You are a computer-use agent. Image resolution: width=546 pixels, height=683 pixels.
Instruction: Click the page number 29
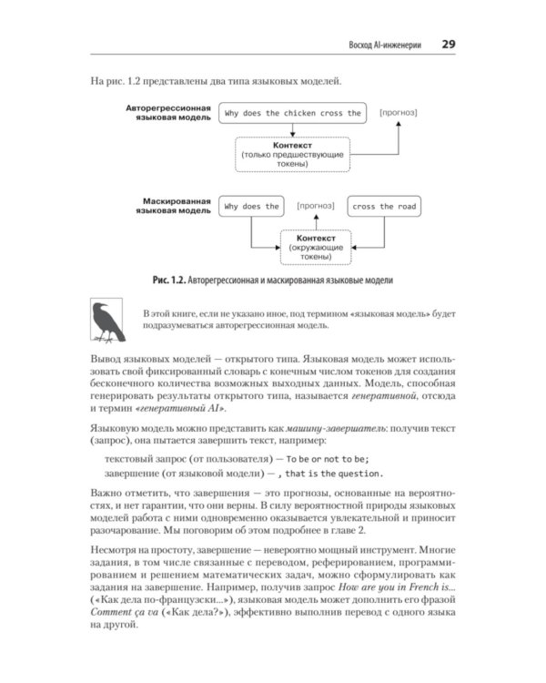coord(449,44)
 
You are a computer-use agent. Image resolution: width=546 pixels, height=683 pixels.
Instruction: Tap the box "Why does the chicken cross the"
coord(293,114)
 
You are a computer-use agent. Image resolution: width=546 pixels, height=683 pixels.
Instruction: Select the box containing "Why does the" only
coord(251,207)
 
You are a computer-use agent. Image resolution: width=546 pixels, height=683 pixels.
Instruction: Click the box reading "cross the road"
coord(384,207)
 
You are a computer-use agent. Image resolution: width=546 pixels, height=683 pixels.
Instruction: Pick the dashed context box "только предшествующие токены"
coord(292,155)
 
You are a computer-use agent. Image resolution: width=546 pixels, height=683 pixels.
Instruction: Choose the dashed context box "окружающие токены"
coord(315,248)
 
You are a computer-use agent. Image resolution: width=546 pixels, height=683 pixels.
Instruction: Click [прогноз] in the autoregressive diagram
coord(399,113)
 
